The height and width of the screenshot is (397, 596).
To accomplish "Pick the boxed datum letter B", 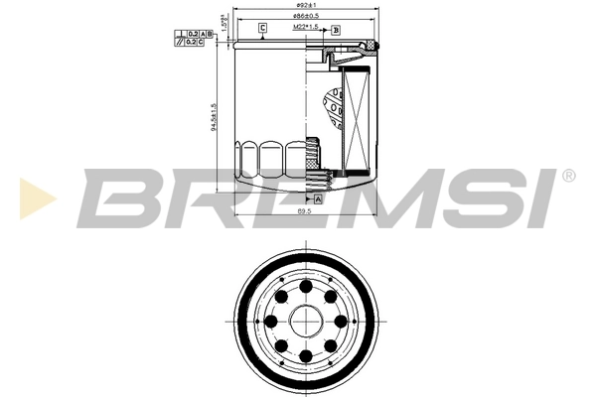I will pyautogui.click(x=336, y=30).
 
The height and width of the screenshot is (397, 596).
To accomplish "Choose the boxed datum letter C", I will pyautogui.click(x=262, y=27).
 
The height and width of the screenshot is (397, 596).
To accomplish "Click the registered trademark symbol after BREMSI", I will pyautogui.click(x=568, y=176).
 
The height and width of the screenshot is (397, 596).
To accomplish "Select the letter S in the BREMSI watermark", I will pyautogui.click(x=477, y=196).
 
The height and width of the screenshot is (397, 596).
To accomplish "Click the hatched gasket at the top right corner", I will pyautogui.click(x=371, y=46).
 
